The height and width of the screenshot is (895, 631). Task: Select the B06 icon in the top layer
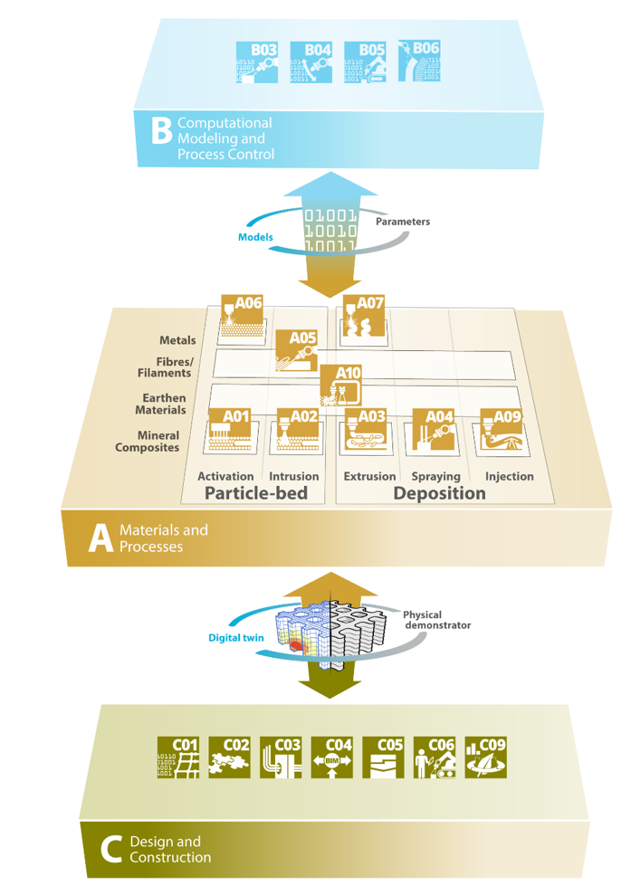[419, 60]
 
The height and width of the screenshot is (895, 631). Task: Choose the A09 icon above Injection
[500, 431]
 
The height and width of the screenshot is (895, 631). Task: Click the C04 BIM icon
[332, 758]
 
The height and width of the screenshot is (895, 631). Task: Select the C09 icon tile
[485, 758]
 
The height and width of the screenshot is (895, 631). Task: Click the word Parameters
[402, 222]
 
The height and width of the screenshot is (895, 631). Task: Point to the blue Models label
[255, 237]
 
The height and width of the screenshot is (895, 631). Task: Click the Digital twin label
[236, 638]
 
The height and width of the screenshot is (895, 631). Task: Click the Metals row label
[177, 341]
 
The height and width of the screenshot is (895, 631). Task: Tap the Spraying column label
[435, 476]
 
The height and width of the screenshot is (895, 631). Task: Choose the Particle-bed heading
[256, 493]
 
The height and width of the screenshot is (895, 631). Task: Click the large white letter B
[160, 132]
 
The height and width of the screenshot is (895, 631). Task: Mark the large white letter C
[111, 849]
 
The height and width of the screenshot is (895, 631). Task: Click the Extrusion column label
[369, 476]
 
